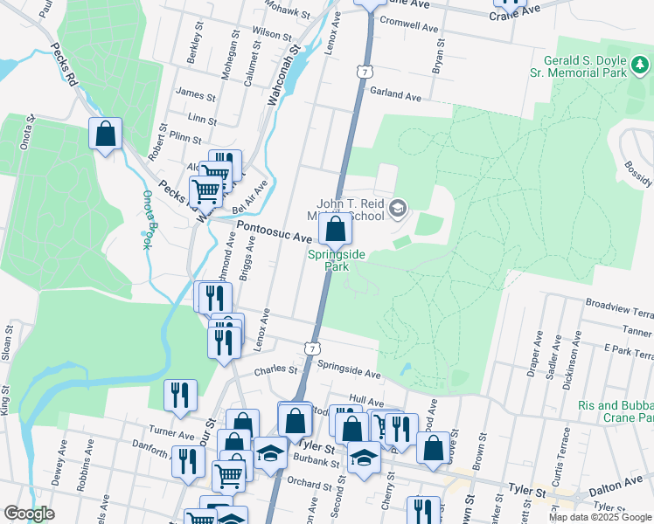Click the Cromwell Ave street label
pos(409,28)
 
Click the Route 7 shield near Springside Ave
pos(312,348)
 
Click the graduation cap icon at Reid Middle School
pos(398,207)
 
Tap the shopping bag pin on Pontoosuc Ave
pos(335,231)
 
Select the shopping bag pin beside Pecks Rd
pos(105,135)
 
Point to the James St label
pos(195,94)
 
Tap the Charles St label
pos(271,370)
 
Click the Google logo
pos(29,514)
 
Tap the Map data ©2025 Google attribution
pos(599,517)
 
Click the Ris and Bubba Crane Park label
pos(616,412)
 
